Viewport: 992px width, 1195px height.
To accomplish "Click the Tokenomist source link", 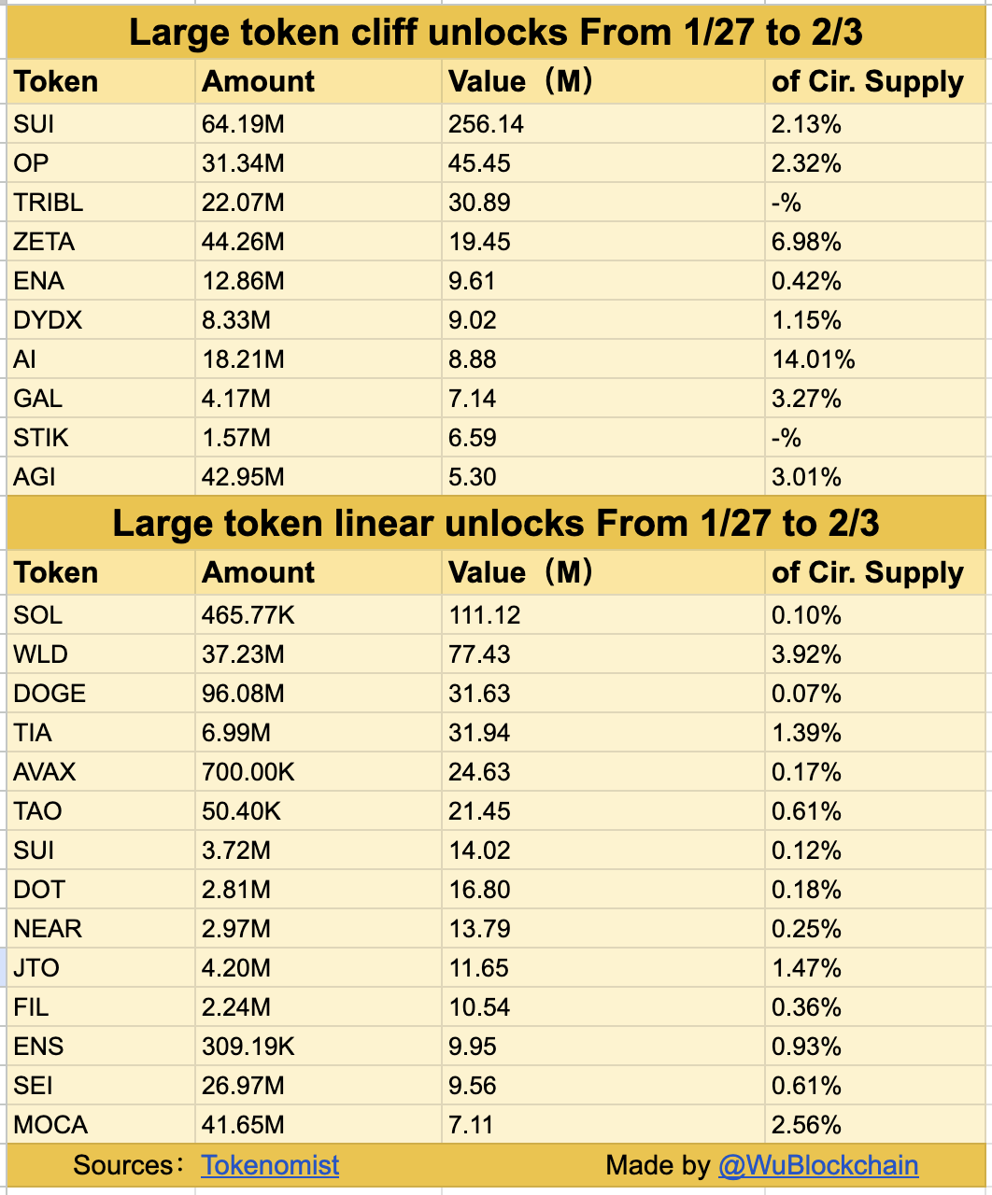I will click(270, 1165).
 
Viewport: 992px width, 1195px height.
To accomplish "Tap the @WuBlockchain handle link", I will click(817, 1165).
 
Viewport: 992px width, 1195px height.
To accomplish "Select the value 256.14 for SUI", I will click(486, 124).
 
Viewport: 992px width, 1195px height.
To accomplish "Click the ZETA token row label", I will click(44, 242).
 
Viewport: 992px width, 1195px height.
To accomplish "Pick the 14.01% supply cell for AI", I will click(813, 359).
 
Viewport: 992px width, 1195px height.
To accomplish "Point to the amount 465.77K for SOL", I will click(248, 615).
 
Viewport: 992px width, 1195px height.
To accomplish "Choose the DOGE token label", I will click(50, 694).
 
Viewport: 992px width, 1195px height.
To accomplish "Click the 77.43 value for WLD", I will click(479, 654).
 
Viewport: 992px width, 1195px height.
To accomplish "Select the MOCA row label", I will click(50, 1125).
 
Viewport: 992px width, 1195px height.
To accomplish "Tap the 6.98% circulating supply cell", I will click(806, 242).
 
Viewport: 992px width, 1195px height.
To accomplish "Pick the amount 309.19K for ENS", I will click(248, 1047).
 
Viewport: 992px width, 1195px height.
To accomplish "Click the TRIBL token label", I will click(49, 203).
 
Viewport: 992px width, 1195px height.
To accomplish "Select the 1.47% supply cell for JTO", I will click(806, 968).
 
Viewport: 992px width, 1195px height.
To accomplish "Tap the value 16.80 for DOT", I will click(479, 890).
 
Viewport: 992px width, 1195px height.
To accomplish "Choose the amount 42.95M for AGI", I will click(243, 477).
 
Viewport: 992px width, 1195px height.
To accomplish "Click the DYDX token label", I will click(48, 320).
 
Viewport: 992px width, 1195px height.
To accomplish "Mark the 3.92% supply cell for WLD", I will click(806, 654).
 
